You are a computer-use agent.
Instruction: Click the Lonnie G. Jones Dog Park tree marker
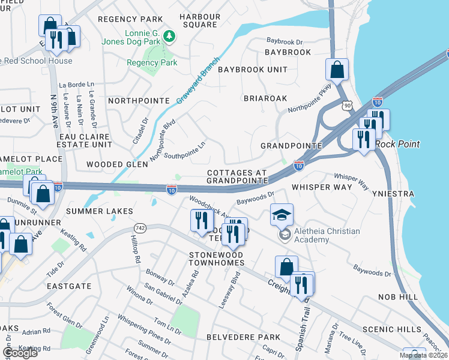pos(170,37)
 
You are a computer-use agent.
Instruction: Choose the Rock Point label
pos(397,144)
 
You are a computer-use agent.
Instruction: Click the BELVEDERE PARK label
pos(243,337)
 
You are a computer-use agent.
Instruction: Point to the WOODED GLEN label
pos(117,164)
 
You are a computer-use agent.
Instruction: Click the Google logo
pos(20,353)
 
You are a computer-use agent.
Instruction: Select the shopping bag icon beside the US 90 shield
pos(337,70)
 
